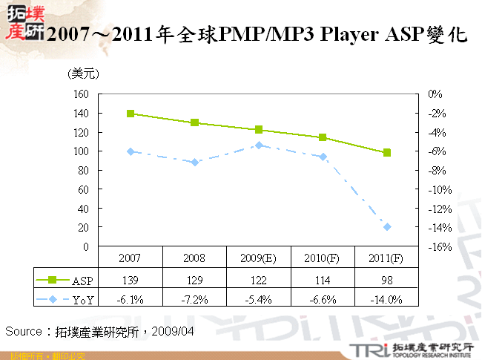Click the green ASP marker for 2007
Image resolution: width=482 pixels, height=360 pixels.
[x=131, y=114]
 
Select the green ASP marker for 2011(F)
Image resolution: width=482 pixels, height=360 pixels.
[x=387, y=153]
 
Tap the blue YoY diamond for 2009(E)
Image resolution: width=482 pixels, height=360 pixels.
[x=259, y=145]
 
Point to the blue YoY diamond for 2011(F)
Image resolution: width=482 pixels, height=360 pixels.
[x=387, y=226]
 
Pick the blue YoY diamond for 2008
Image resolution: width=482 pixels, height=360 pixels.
[x=194, y=162]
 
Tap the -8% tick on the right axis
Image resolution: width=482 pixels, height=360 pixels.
[x=435, y=170]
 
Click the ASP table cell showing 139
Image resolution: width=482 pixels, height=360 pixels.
[x=131, y=280]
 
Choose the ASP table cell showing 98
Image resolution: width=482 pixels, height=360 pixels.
[x=387, y=280]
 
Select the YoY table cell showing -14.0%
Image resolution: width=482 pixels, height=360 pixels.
[x=387, y=300]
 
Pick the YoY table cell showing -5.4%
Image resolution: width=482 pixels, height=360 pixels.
[x=259, y=300]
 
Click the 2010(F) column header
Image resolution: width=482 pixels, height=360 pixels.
[x=323, y=259]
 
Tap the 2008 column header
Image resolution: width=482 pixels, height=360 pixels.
[x=194, y=259]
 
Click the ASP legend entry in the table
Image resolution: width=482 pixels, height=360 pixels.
[x=65, y=280]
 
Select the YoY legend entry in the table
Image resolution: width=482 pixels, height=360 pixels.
[x=65, y=300]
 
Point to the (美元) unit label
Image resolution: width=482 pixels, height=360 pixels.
[x=83, y=73]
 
